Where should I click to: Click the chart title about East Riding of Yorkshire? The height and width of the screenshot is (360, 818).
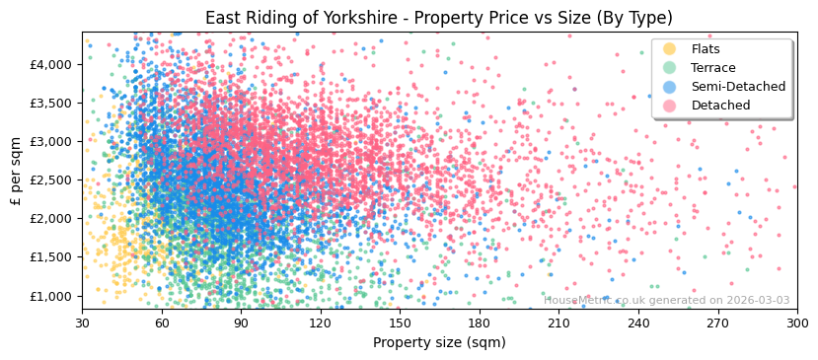[438, 18]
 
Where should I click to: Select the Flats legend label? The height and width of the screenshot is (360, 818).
[706, 49]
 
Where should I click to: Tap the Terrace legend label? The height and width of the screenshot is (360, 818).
[712, 68]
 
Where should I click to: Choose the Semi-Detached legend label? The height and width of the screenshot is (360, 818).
[738, 87]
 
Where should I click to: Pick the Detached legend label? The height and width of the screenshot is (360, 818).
[720, 106]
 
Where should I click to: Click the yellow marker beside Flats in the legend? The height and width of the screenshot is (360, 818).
[670, 49]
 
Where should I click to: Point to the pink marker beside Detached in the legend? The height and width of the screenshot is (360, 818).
[670, 106]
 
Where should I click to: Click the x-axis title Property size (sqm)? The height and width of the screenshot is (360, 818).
[438, 342]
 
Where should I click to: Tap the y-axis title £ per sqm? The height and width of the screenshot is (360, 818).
[16, 172]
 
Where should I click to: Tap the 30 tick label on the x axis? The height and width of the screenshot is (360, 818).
[82, 323]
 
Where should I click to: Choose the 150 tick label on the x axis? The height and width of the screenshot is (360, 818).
[400, 323]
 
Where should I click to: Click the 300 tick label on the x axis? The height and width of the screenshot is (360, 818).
[797, 323]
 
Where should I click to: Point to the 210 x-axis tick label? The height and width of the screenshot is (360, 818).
[558, 323]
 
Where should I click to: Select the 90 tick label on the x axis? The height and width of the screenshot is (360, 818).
[241, 323]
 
